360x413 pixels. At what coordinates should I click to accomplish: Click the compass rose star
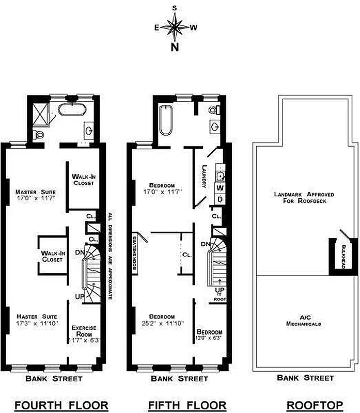pyautogui.click(x=175, y=27)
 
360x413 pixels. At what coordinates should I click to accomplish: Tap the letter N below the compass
pyautogui.click(x=175, y=47)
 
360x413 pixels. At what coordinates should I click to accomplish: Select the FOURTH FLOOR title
pyautogui.click(x=61, y=405)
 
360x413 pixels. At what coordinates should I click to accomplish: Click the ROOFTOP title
pyautogui.click(x=315, y=405)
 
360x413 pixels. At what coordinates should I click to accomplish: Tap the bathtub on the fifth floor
pyautogui.click(x=166, y=120)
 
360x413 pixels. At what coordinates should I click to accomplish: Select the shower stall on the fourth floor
pyautogui.click(x=40, y=115)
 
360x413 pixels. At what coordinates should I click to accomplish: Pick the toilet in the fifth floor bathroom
pyautogui.click(x=214, y=109)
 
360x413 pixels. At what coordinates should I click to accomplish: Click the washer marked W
pyautogui.click(x=221, y=188)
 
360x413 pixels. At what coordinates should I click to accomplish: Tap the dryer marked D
pyautogui.click(x=220, y=199)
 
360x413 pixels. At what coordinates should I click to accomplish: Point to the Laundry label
pyautogui.click(x=204, y=176)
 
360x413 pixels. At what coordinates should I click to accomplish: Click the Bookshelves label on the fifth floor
pyautogui.click(x=135, y=253)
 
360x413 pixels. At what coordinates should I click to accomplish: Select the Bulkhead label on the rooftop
pyautogui.click(x=343, y=257)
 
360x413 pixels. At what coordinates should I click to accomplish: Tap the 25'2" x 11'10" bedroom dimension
pyautogui.click(x=163, y=323)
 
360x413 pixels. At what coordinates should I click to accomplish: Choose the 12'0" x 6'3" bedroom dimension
pyautogui.click(x=209, y=338)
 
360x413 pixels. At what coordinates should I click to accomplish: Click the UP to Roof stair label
pyautogui.click(x=220, y=294)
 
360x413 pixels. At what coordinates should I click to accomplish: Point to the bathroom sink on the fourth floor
pyautogui.click(x=89, y=130)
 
